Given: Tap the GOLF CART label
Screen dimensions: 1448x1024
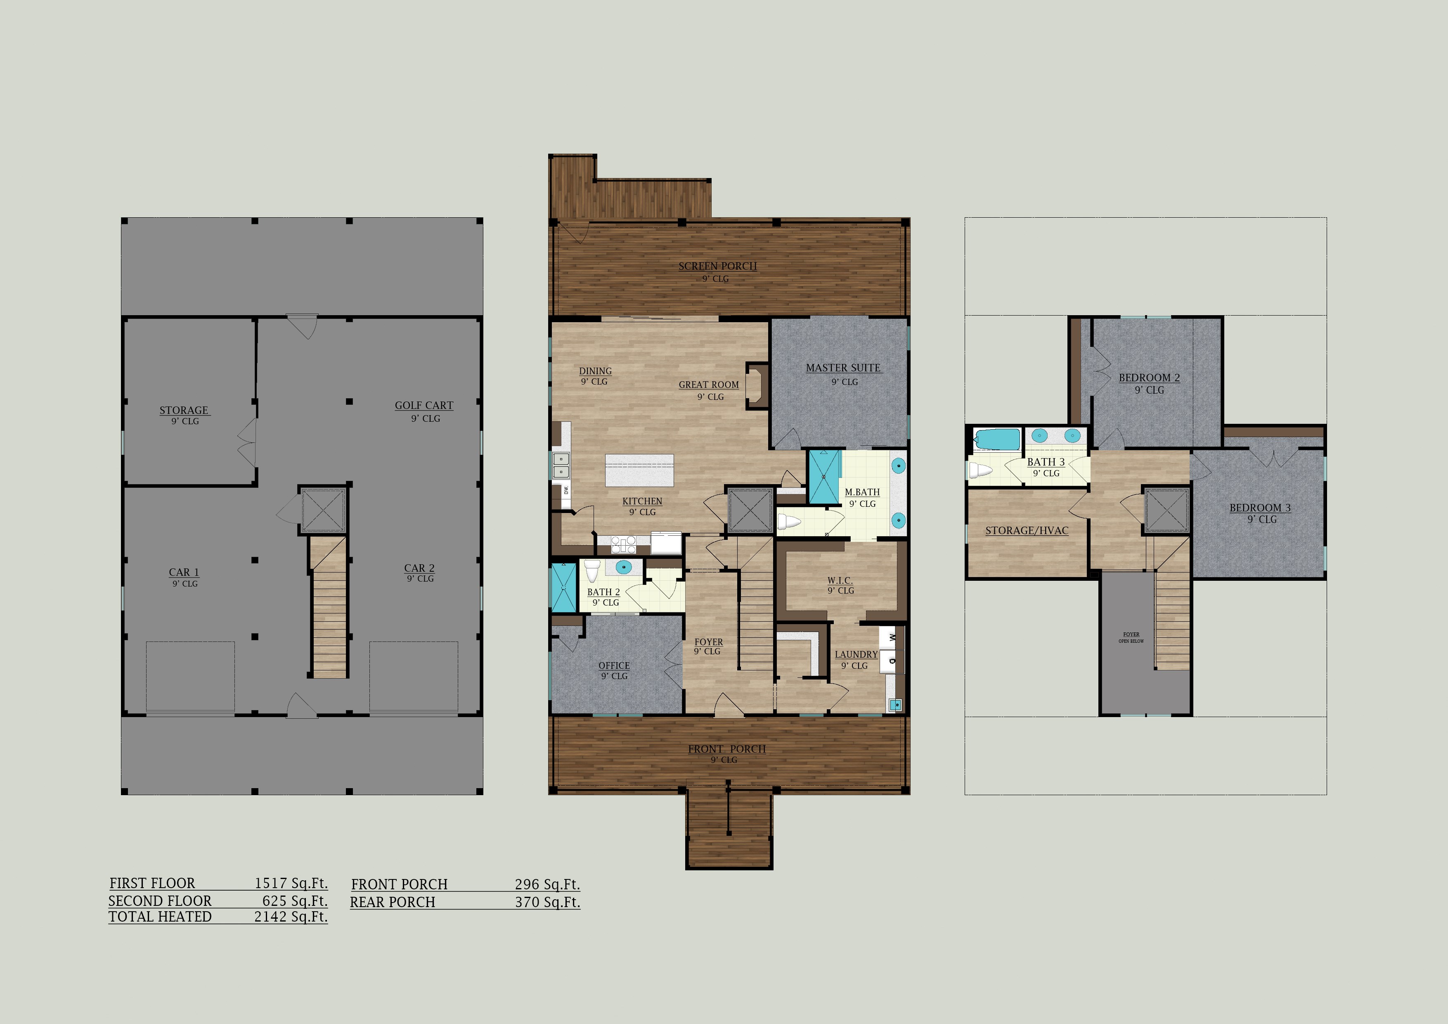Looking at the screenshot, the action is [x=424, y=406].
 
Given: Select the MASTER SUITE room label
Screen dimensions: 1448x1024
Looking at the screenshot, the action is [x=843, y=368].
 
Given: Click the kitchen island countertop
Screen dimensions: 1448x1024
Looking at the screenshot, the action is [x=639, y=470].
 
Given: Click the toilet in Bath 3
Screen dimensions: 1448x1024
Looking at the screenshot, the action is [x=980, y=470].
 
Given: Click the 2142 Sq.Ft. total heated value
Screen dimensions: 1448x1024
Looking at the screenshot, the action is [x=291, y=917].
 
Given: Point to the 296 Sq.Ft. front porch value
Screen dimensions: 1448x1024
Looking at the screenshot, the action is [x=547, y=884].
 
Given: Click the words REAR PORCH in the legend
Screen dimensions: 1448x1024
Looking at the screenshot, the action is [x=392, y=902].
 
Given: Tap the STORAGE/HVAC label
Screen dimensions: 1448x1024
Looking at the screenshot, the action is [x=1027, y=531].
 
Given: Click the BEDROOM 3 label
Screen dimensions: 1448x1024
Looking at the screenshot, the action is [x=1260, y=508].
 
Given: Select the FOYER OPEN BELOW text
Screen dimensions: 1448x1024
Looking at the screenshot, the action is [x=1131, y=638].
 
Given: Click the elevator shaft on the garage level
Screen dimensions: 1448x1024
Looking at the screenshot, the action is [x=323, y=510].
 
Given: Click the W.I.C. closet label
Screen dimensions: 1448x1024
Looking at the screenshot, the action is [x=840, y=580].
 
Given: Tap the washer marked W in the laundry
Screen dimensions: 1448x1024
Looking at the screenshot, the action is [x=892, y=638].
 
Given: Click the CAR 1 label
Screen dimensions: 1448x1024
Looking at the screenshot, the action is [x=184, y=572].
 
